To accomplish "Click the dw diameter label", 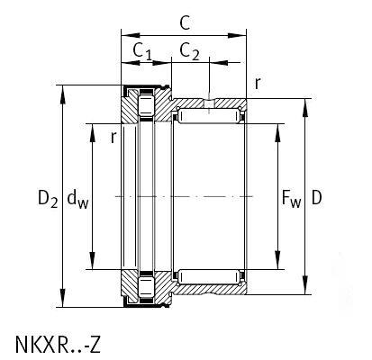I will click(76, 198).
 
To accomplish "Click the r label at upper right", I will click(258, 84).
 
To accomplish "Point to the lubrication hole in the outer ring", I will click(208, 102).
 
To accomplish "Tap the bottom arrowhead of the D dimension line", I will click(306, 293).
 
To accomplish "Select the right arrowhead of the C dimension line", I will click(242, 36).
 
